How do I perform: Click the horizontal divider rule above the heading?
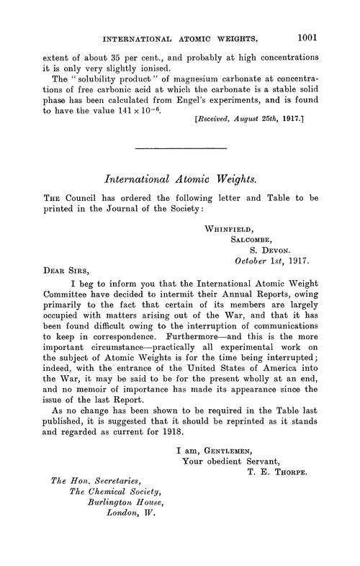tap(181, 148)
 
